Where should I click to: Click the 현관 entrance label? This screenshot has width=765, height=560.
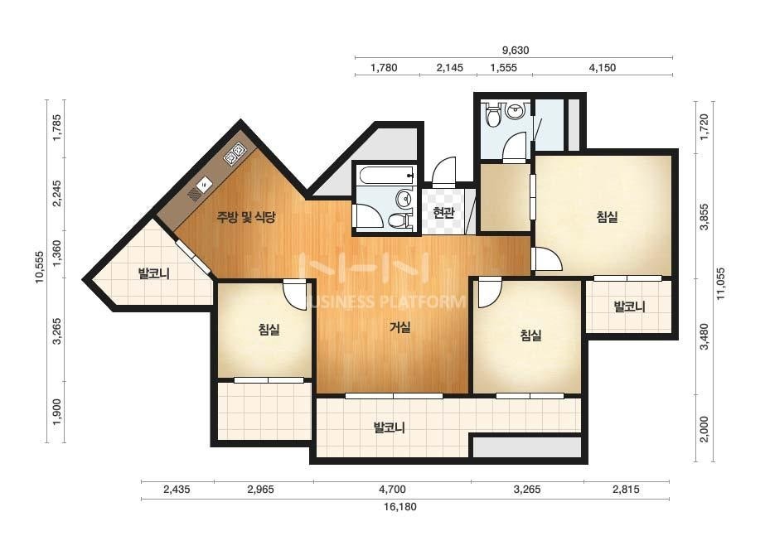pyautogui.click(x=444, y=213)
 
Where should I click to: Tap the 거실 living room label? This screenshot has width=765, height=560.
pyautogui.click(x=399, y=327)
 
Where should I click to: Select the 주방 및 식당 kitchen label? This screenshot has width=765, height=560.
pyautogui.click(x=246, y=217)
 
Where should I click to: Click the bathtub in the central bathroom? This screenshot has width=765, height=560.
pyautogui.click(x=385, y=175)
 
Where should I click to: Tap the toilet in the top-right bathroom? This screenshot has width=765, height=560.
pyautogui.click(x=493, y=114)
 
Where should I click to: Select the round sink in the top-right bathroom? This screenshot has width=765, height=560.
pyautogui.click(x=514, y=111)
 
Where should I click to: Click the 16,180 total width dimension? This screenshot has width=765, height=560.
pyautogui.click(x=400, y=507)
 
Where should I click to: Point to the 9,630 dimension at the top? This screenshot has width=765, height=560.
pyautogui.click(x=516, y=51)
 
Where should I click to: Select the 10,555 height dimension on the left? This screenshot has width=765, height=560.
pyautogui.click(x=40, y=268)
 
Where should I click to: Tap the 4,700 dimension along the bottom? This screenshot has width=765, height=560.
pyautogui.click(x=392, y=490)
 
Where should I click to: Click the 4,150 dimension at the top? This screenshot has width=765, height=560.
pyautogui.click(x=603, y=68)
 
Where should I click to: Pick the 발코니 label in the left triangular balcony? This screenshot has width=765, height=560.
pyautogui.click(x=153, y=273)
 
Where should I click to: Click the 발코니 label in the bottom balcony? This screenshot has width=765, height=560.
pyautogui.click(x=390, y=427)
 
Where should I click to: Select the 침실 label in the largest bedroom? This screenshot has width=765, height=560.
pyautogui.click(x=607, y=216)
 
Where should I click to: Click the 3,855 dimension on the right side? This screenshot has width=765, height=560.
pyautogui.click(x=704, y=216)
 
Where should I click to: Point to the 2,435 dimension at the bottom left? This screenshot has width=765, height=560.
pyautogui.click(x=177, y=490)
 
